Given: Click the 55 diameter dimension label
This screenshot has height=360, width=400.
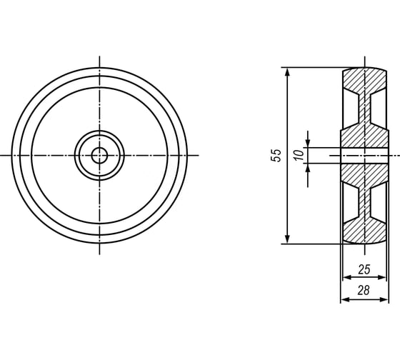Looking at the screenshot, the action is click(x=276, y=156).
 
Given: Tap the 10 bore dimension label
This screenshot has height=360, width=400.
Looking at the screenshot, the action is click(x=299, y=156).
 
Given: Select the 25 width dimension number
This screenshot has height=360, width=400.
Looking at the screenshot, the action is click(x=364, y=270).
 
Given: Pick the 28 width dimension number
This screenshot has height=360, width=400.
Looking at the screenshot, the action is click(x=364, y=290).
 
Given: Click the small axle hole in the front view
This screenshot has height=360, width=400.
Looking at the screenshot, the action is click(x=99, y=156).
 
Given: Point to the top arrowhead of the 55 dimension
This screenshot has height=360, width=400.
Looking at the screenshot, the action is click(x=287, y=72).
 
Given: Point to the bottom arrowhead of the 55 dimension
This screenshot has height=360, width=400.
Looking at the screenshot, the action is click(x=287, y=239).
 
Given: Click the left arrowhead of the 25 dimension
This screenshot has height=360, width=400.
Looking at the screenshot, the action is click(x=347, y=277).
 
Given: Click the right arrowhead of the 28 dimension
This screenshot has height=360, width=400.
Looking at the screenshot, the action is click(x=384, y=299).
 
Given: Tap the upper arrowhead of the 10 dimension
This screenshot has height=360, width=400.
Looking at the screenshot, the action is click(x=308, y=143).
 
